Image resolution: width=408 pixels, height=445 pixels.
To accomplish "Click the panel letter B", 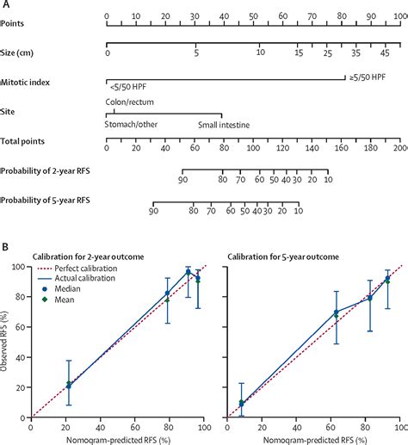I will (x=5, y=244).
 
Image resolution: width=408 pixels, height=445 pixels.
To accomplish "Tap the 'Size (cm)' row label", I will (x=22, y=53).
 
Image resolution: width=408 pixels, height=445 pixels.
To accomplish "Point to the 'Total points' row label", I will (x=24, y=139).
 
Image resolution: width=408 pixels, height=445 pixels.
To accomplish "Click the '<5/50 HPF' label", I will (x=128, y=87).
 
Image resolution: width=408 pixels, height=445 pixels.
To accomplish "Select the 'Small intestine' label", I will (x=224, y=124).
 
